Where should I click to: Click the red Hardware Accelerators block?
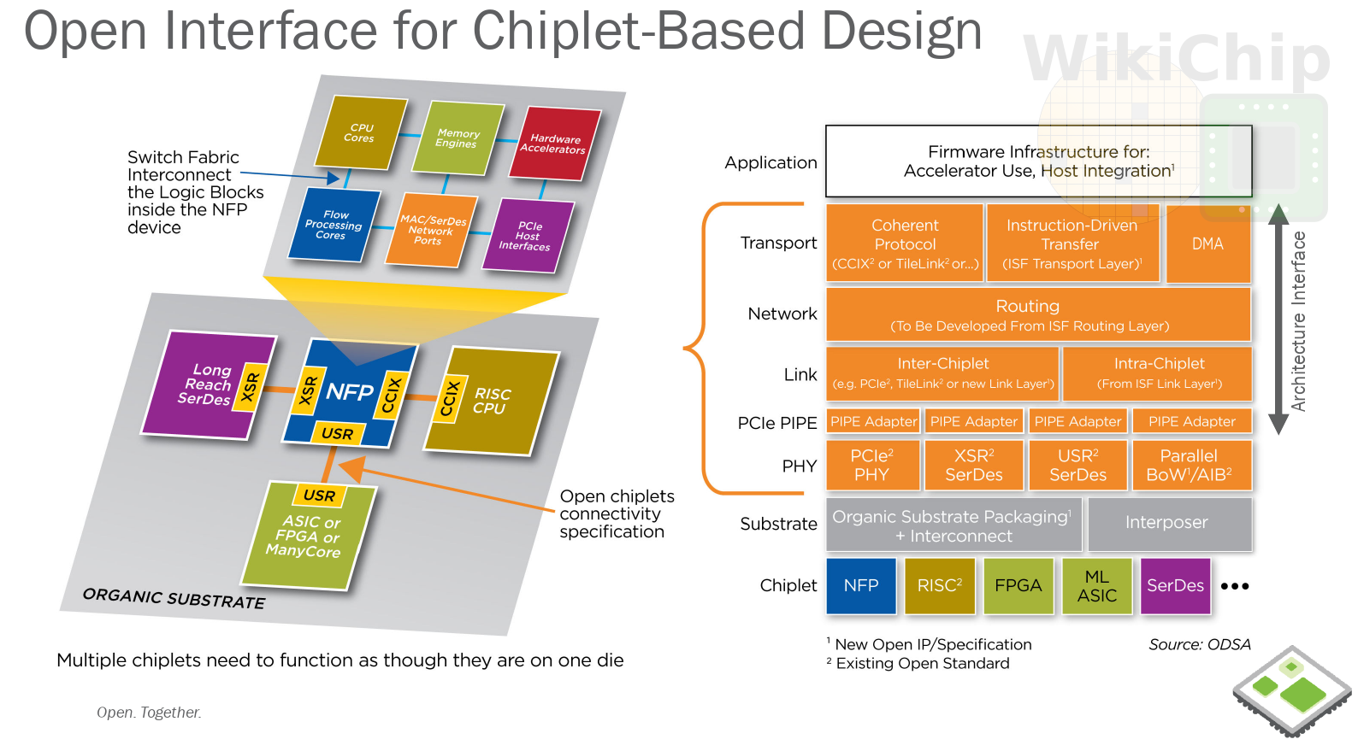coord(555,144)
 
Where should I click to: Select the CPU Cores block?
coord(361,132)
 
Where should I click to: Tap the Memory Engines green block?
coord(458,138)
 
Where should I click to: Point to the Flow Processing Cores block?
coord(334,225)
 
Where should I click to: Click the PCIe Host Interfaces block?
coord(528,236)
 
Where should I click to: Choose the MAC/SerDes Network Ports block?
coord(431,230)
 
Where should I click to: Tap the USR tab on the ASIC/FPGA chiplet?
coord(320,496)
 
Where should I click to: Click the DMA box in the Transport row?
coord(1207,243)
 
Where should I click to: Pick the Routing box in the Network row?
coord(1038,314)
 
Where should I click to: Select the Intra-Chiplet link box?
coord(1157,373)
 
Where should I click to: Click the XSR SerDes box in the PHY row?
coord(974,465)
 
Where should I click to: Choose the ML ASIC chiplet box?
coord(1096,586)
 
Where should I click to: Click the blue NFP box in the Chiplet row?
coord(861,586)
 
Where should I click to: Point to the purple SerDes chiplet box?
coord(1175,586)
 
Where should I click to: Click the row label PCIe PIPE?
coord(777,423)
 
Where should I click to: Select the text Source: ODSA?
coord(1199,644)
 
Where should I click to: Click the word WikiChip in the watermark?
coord(1176,57)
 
